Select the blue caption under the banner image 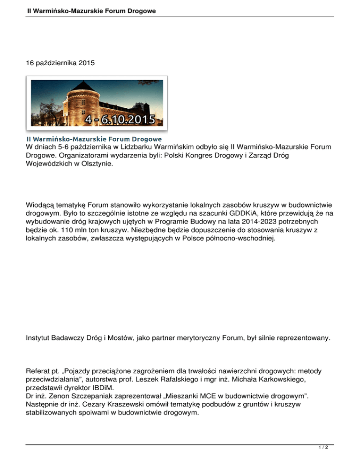click(94, 139)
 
